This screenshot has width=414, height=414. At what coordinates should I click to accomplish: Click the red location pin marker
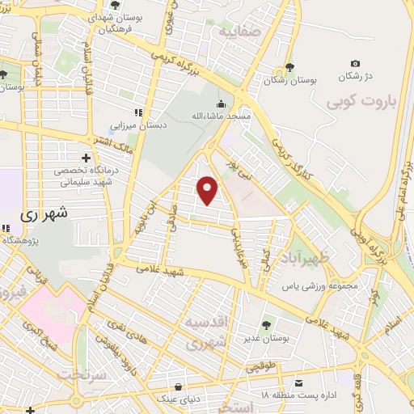tap(209, 190)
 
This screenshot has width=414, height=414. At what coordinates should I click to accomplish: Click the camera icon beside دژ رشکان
tap(355, 63)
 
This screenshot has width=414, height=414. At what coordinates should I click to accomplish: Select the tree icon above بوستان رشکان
tap(289, 70)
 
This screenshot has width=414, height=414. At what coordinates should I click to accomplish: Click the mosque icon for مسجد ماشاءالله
tap(221, 103)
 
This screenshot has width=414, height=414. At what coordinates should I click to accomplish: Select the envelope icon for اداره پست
tap(299, 382)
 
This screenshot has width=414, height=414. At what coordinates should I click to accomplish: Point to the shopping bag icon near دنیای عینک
tap(177, 387)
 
